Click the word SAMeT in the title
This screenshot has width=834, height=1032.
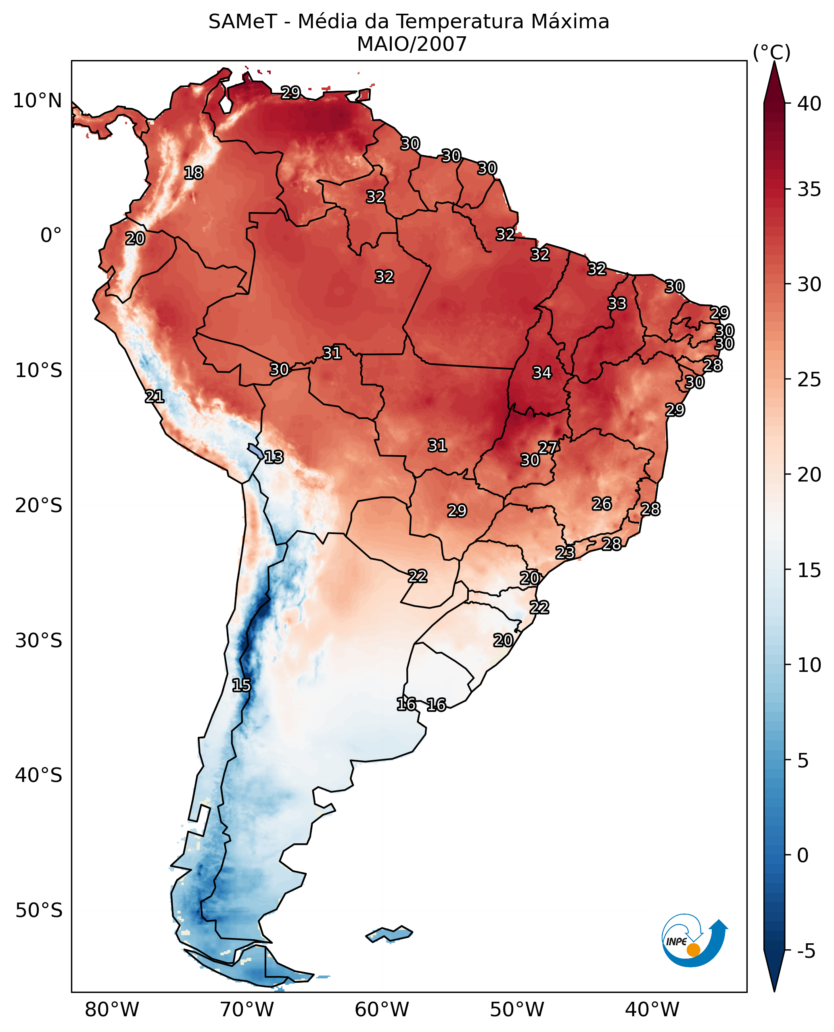point(242,22)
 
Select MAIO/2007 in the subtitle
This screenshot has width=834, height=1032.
point(412,45)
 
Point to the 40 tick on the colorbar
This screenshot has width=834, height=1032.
point(809,103)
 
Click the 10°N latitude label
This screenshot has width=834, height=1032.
point(38,101)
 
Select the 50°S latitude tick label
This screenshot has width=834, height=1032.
point(38,910)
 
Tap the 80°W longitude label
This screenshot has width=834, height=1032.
point(112,1009)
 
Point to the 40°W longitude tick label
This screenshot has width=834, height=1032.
point(652,1009)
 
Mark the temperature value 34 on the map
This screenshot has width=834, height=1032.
point(542,372)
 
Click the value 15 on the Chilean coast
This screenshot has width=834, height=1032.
point(241,685)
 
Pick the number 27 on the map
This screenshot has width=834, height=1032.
point(547,448)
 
